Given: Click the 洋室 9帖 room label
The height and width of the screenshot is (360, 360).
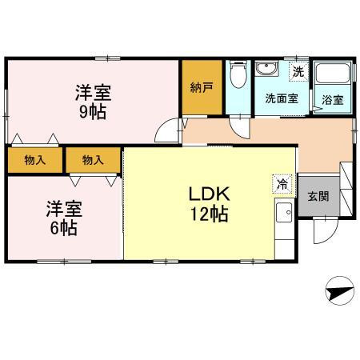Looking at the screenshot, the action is pyautogui.click(x=93, y=102).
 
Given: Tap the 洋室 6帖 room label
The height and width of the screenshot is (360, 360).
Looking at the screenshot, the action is pyautogui.click(x=64, y=218).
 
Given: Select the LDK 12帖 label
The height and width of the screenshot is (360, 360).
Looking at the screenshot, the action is pyautogui.click(x=210, y=204).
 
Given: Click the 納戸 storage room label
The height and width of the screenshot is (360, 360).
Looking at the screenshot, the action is pyautogui.click(x=202, y=87).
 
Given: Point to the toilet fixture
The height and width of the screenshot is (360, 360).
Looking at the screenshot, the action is pyautogui.click(x=238, y=74).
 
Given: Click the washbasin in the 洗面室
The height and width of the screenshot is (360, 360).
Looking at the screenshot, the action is pyautogui.click(x=266, y=69).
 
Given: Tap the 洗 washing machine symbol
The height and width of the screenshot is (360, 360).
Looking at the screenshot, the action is pyautogui.click(x=298, y=71).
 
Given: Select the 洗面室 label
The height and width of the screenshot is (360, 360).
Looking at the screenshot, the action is pyautogui.click(x=282, y=98).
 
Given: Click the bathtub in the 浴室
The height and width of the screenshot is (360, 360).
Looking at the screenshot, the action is pyautogui.click(x=332, y=73).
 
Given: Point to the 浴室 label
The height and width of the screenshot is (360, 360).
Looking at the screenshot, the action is pyautogui.click(x=332, y=100).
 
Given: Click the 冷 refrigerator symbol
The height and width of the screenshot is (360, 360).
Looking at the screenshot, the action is pyautogui.click(x=282, y=184).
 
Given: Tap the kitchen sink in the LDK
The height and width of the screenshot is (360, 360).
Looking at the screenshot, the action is pyautogui.click(x=284, y=212).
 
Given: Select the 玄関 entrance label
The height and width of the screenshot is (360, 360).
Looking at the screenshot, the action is pyautogui.click(x=318, y=197).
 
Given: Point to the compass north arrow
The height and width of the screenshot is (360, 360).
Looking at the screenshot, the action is pyautogui.click(x=339, y=290).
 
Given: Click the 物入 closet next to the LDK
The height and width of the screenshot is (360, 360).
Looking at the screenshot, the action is pyautogui.click(x=93, y=160).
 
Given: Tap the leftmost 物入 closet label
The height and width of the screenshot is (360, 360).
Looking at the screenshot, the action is pyautogui.click(x=35, y=160).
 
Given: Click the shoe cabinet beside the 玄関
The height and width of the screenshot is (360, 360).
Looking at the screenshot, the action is pyautogui.click(x=346, y=189).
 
